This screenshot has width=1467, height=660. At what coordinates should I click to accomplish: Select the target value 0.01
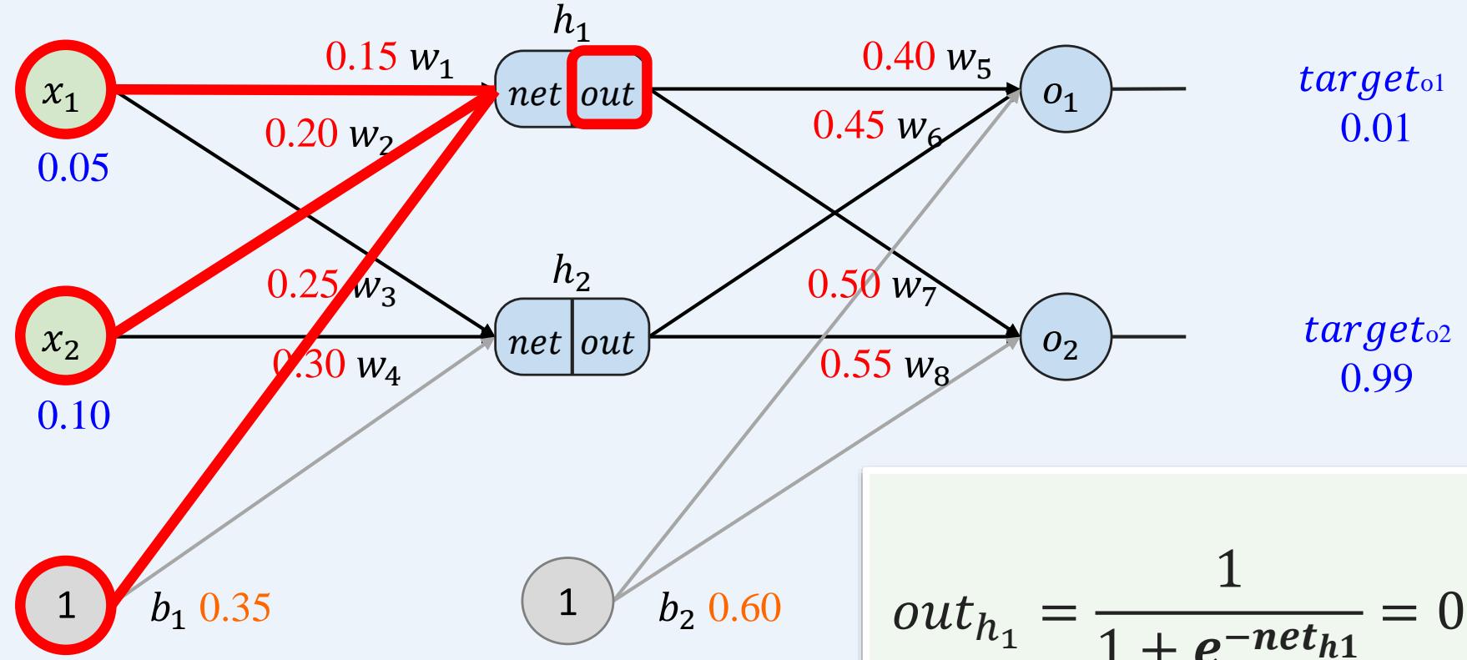click(1377, 129)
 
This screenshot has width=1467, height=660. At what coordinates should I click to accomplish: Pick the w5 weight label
click(969, 59)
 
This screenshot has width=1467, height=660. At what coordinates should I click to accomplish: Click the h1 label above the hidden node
click(572, 26)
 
